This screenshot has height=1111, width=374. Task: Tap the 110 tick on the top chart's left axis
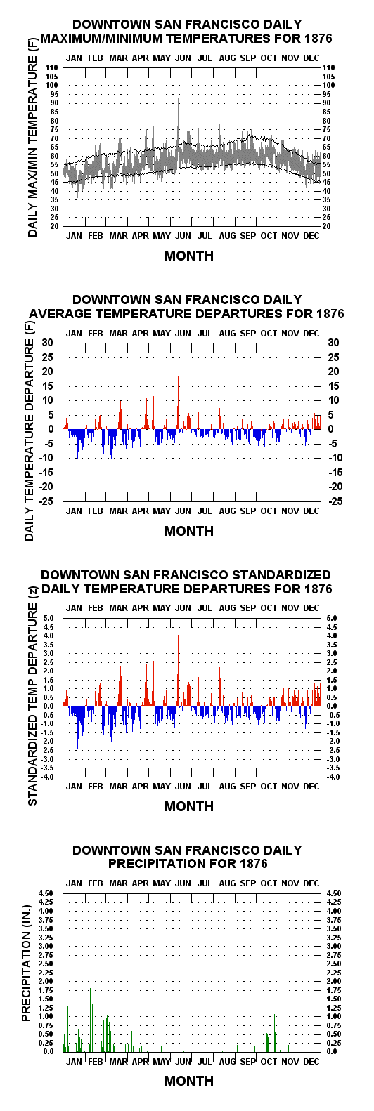[x=52, y=67]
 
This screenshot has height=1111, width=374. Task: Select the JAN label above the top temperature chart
[x=74, y=58]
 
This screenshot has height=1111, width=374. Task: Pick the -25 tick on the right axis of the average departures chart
[x=335, y=501]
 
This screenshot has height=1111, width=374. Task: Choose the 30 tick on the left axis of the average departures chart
[x=48, y=343]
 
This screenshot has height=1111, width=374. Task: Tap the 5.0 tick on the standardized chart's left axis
[x=53, y=618]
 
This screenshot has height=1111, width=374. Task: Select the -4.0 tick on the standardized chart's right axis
[x=333, y=777]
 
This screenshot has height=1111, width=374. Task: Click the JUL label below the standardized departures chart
[x=205, y=786]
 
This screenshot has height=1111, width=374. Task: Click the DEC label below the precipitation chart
[x=311, y=1061]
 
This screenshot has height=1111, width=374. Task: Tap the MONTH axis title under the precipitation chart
[x=188, y=1082]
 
